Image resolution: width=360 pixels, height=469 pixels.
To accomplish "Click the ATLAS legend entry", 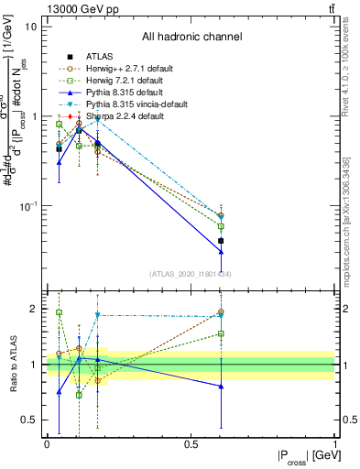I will click(100, 56).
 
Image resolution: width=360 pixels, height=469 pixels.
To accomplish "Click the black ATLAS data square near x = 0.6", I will click(221, 241).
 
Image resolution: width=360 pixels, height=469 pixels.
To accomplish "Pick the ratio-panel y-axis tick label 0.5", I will click(30, 420).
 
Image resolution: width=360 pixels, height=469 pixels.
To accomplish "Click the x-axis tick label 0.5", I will click(191, 443).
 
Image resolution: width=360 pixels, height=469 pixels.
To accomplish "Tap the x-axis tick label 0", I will click(47, 443).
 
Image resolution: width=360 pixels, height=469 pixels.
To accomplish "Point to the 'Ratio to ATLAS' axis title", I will click(13, 365).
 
